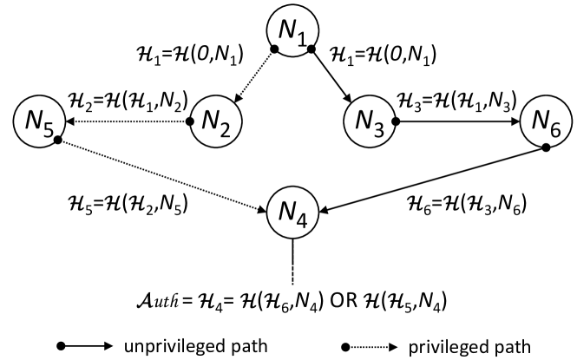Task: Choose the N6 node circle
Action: [542, 124]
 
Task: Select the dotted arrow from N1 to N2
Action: [252, 79]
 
